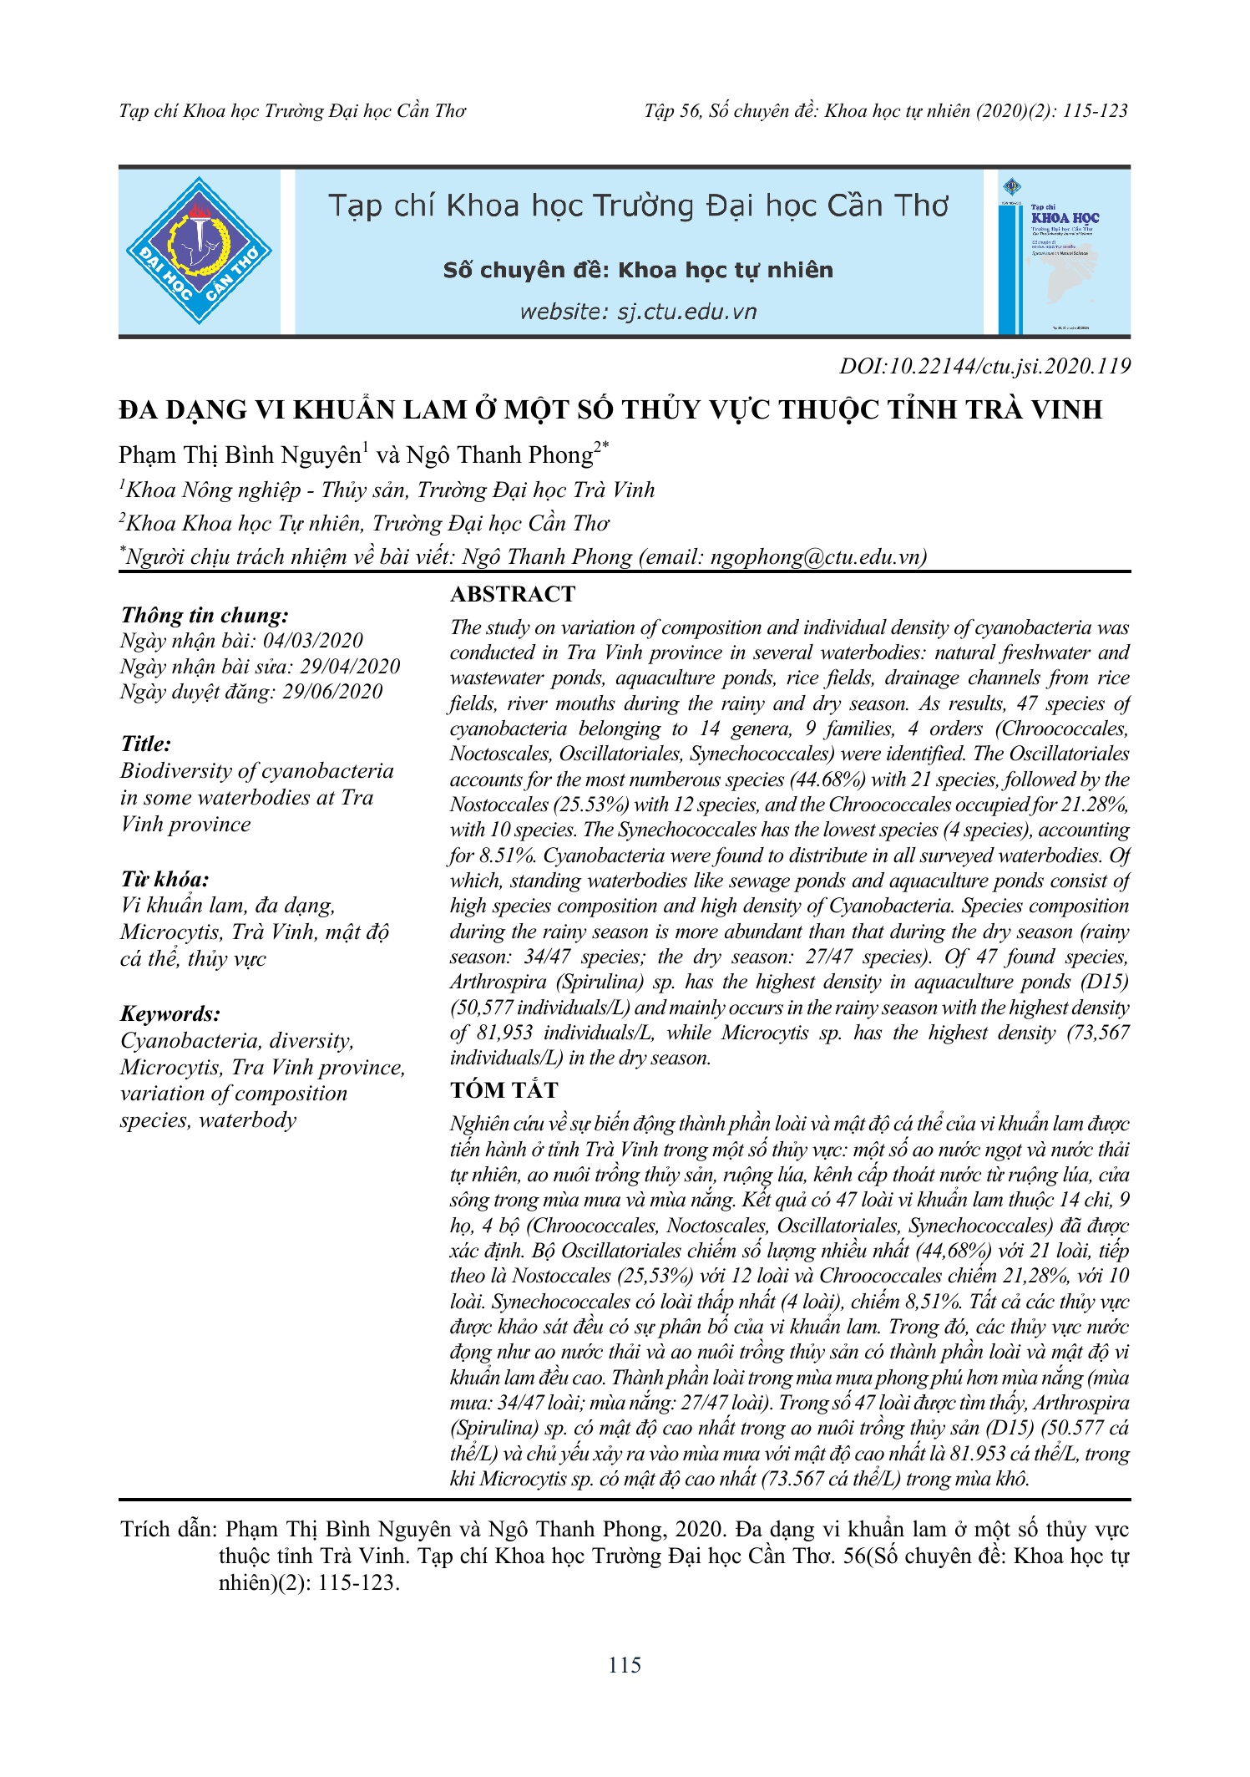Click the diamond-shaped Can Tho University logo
click(x=199, y=251)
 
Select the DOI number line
click(x=984, y=366)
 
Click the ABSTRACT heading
click(x=513, y=594)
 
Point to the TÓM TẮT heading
click(x=504, y=1090)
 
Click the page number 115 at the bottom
click(x=625, y=1665)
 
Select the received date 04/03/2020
click(x=313, y=641)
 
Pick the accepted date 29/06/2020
click(x=332, y=692)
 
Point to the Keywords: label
click(x=170, y=1014)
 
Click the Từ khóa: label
click(x=164, y=879)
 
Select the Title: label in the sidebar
click(x=146, y=744)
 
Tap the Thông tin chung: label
click(x=205, y=616)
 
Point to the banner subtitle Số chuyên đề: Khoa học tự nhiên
click(x=638, y=270)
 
